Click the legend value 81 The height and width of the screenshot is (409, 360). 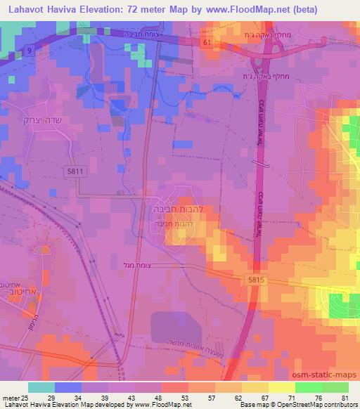(344, 397)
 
